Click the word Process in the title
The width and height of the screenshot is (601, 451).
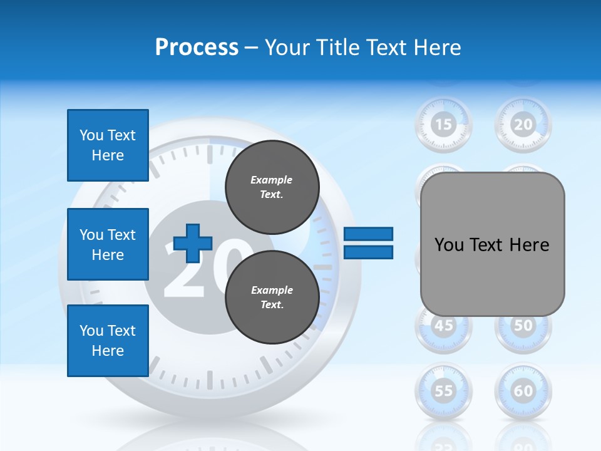(x=197, y=48)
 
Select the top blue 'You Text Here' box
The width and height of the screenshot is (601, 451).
(x=108, y=145)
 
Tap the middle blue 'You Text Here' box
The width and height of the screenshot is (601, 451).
(x=108, y=244)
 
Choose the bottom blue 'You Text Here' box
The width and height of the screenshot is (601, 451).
(x=108, y=341)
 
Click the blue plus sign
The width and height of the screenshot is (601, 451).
(x=193, y=244)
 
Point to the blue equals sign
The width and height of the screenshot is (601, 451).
(x=368, y=244)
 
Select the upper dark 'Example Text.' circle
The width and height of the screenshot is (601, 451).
(x=272, y=187)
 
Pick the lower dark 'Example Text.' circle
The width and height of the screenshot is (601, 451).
(x=272, y=297)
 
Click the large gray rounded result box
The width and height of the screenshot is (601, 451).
(x=492, y=244)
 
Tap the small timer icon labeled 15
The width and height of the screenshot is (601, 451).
(x=443, y=124)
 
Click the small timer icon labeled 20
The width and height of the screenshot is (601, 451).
(x=523, y=124)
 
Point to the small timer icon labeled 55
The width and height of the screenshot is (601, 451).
(x=443, y=391)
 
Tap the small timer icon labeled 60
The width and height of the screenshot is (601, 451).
(x=523, y=391)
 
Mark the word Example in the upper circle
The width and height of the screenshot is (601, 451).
(x=271, y=180)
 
